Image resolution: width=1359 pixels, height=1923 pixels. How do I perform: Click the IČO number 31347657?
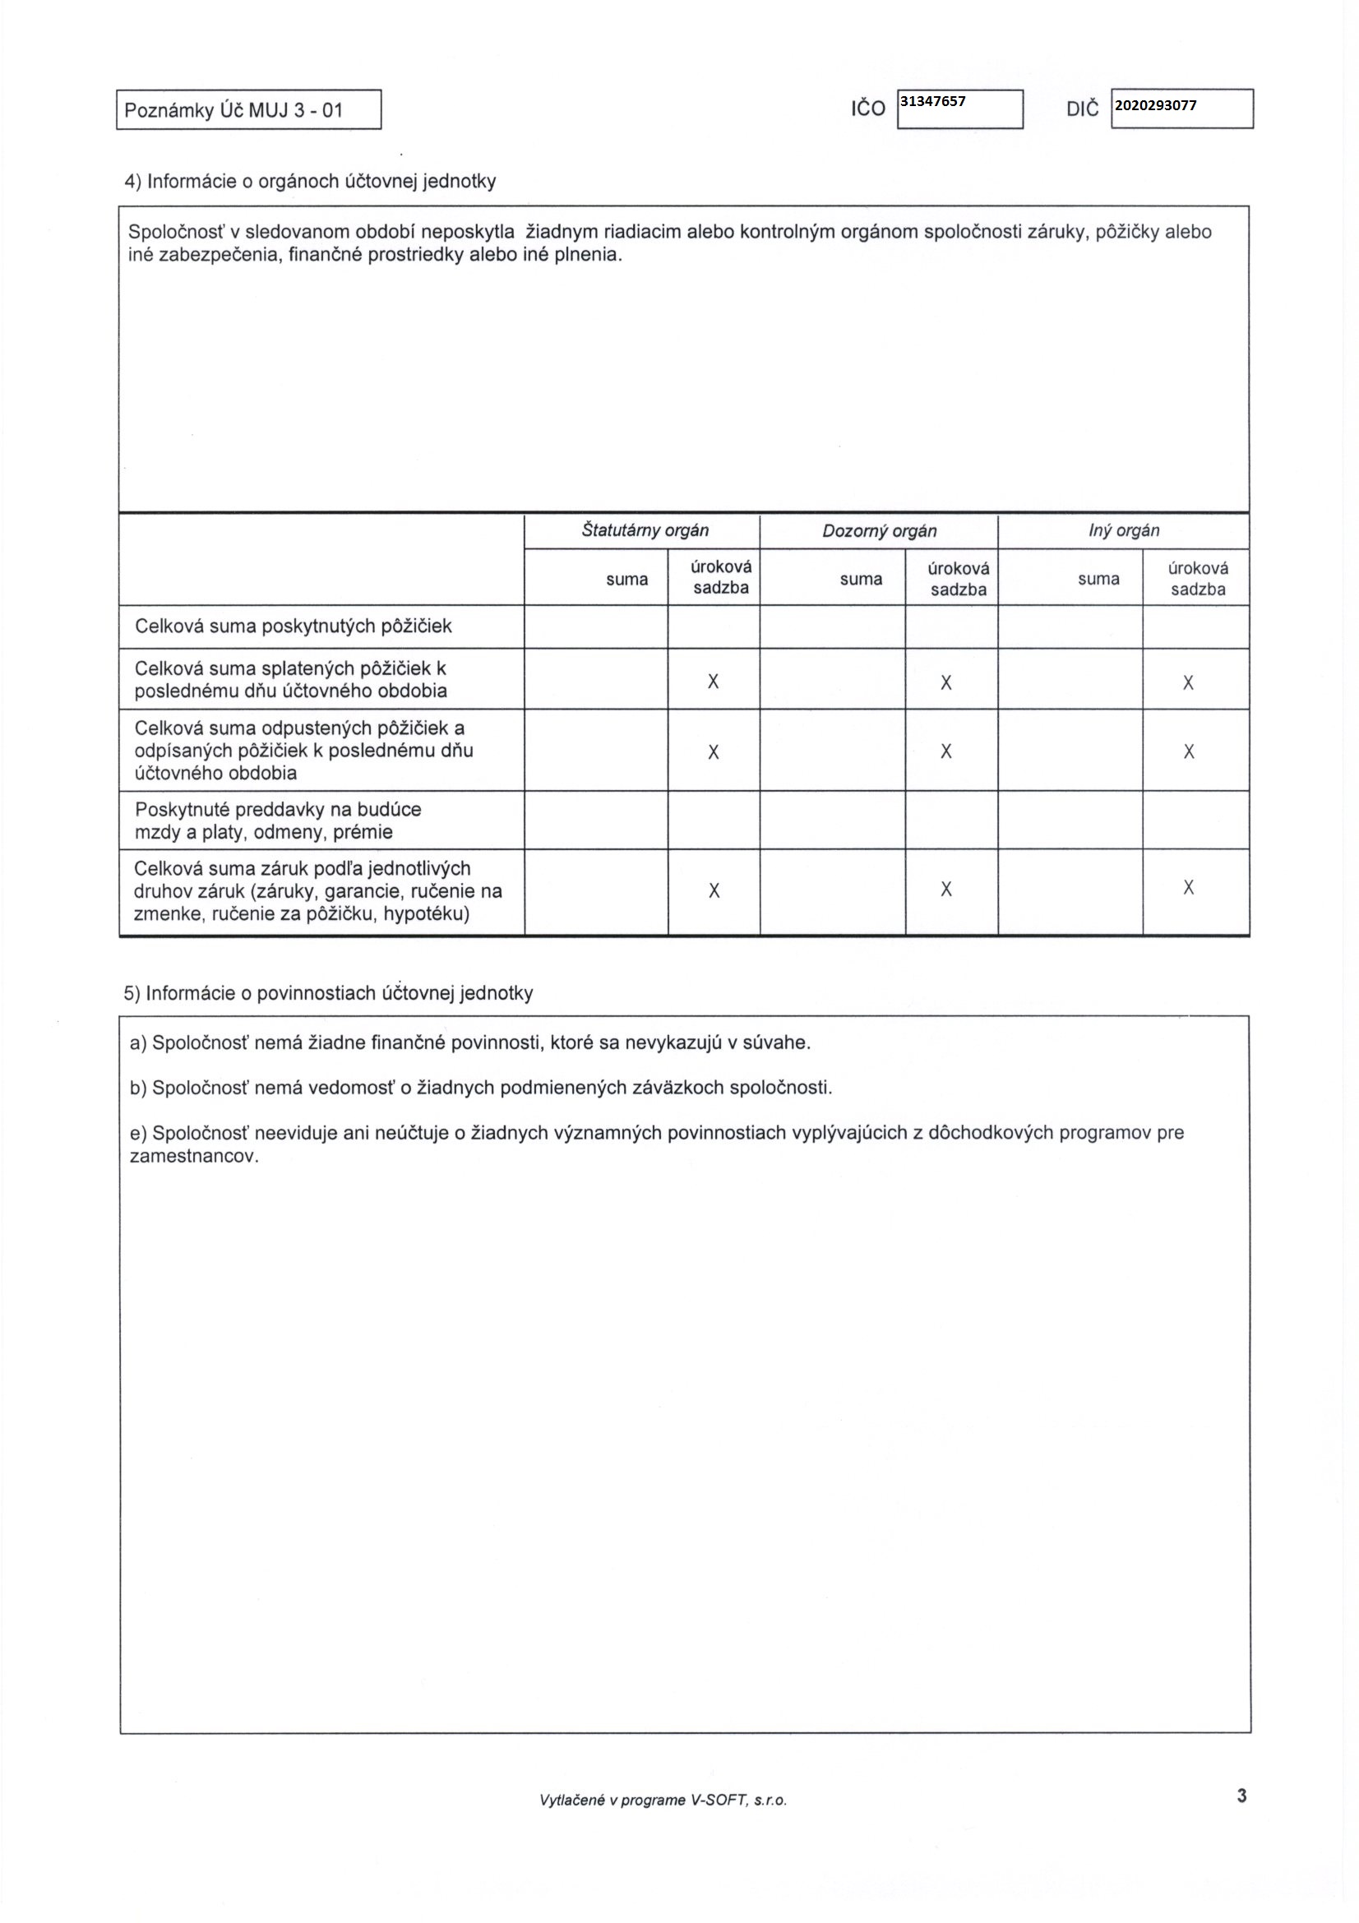(x=932, y=102)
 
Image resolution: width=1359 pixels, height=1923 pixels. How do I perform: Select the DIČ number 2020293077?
(x=1156, y=105)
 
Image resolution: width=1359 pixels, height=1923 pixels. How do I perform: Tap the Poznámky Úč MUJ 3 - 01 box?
(x=247, y=109)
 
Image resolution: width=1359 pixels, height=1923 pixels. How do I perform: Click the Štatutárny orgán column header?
(x=645, y=530)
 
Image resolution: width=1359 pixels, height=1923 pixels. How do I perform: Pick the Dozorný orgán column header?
(x=879, y=531)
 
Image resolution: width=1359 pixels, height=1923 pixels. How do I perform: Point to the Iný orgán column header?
(x=1124, y=530)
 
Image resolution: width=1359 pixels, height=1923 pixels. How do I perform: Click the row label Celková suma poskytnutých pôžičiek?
(x=293, y=626)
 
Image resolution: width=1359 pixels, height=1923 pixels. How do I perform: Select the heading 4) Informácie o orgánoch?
(x=310, y=181)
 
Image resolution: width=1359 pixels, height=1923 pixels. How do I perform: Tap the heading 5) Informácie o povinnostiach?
(x=328, y=993)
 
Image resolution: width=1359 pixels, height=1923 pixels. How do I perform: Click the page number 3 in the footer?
(x=1241, y=1796)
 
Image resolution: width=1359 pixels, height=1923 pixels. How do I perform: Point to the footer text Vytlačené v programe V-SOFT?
(x=663, y=1800)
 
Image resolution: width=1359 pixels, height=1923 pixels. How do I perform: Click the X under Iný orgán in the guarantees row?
(x=1188, y=889)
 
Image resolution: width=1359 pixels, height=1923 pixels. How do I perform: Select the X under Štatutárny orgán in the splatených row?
(x=714, y=682)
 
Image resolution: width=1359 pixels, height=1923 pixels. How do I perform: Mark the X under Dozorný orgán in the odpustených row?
(x=946, y=752)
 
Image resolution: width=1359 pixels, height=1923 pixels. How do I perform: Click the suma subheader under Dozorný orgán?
(x=861, y=579)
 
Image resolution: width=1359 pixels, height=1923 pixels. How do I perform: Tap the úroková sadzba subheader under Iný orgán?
(x=1197, y=579)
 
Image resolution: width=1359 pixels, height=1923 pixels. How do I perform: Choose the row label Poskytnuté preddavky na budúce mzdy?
(x=278, y=821)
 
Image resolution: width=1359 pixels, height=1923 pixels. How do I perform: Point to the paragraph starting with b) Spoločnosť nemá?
(x=481, y=1088)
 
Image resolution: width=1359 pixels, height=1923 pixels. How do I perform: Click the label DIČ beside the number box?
(x=1082, y=109)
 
